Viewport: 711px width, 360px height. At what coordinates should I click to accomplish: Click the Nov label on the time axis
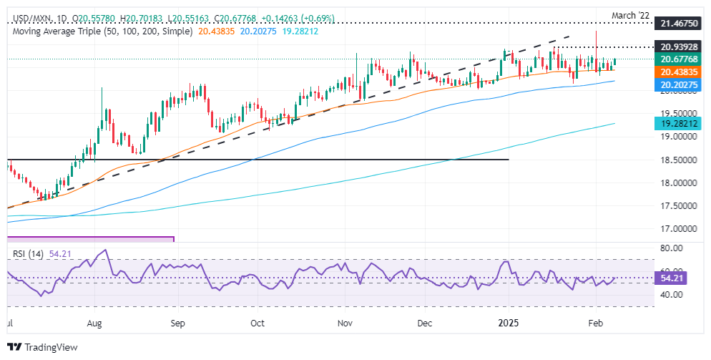(x=345, y=323)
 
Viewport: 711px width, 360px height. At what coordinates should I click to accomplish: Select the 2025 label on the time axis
(x=509, y=323)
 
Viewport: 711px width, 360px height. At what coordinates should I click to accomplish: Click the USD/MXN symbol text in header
(x=28, y=17)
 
